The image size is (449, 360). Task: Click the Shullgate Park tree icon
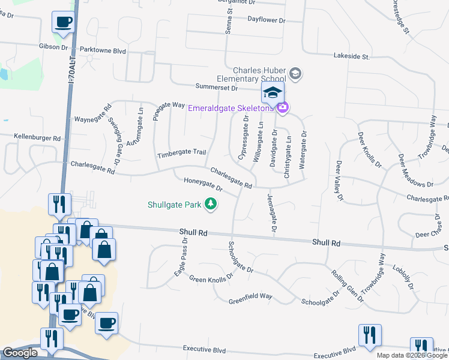[211, 205]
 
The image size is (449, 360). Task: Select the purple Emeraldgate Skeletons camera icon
[283, 108]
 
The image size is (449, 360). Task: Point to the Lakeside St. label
[351, 56]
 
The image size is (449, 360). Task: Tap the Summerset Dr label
[216, 88]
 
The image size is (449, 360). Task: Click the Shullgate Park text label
[175, 204]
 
